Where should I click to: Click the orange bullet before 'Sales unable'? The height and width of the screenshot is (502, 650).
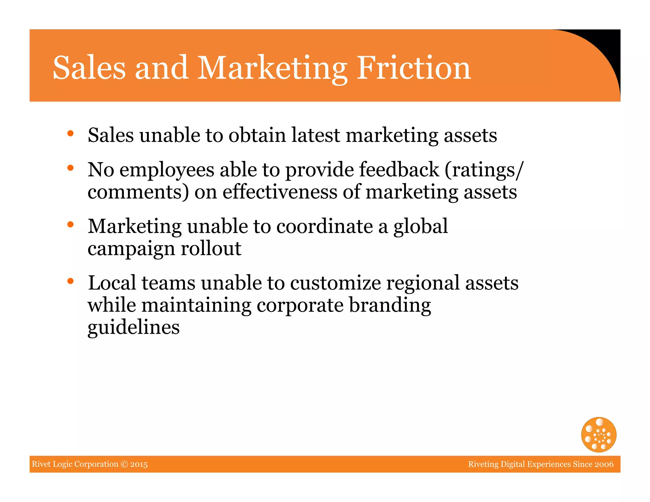pos(70,133)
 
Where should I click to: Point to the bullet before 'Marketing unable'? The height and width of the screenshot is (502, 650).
pos(70,224)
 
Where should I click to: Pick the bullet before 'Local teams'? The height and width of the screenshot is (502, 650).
pos(70,281)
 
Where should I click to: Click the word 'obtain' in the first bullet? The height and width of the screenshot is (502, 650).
pos(257,135)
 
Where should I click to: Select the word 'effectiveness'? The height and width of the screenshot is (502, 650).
pos(280,192)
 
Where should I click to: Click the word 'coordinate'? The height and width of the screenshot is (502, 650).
pos(324,227)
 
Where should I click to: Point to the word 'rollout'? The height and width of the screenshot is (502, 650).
pos(211,248)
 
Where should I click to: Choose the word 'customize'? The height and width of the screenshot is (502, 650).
pos(335,283)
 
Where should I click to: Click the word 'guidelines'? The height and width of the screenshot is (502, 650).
pos(134,327)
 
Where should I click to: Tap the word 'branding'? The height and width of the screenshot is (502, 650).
pos(390,305)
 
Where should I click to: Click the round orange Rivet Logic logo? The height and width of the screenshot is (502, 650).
pos(599,434)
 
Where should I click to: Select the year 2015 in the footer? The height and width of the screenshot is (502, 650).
pos(139,464)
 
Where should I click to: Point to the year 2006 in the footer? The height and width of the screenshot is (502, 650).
pos(604,464)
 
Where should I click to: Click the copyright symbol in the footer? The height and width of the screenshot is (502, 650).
pos(124,464)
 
